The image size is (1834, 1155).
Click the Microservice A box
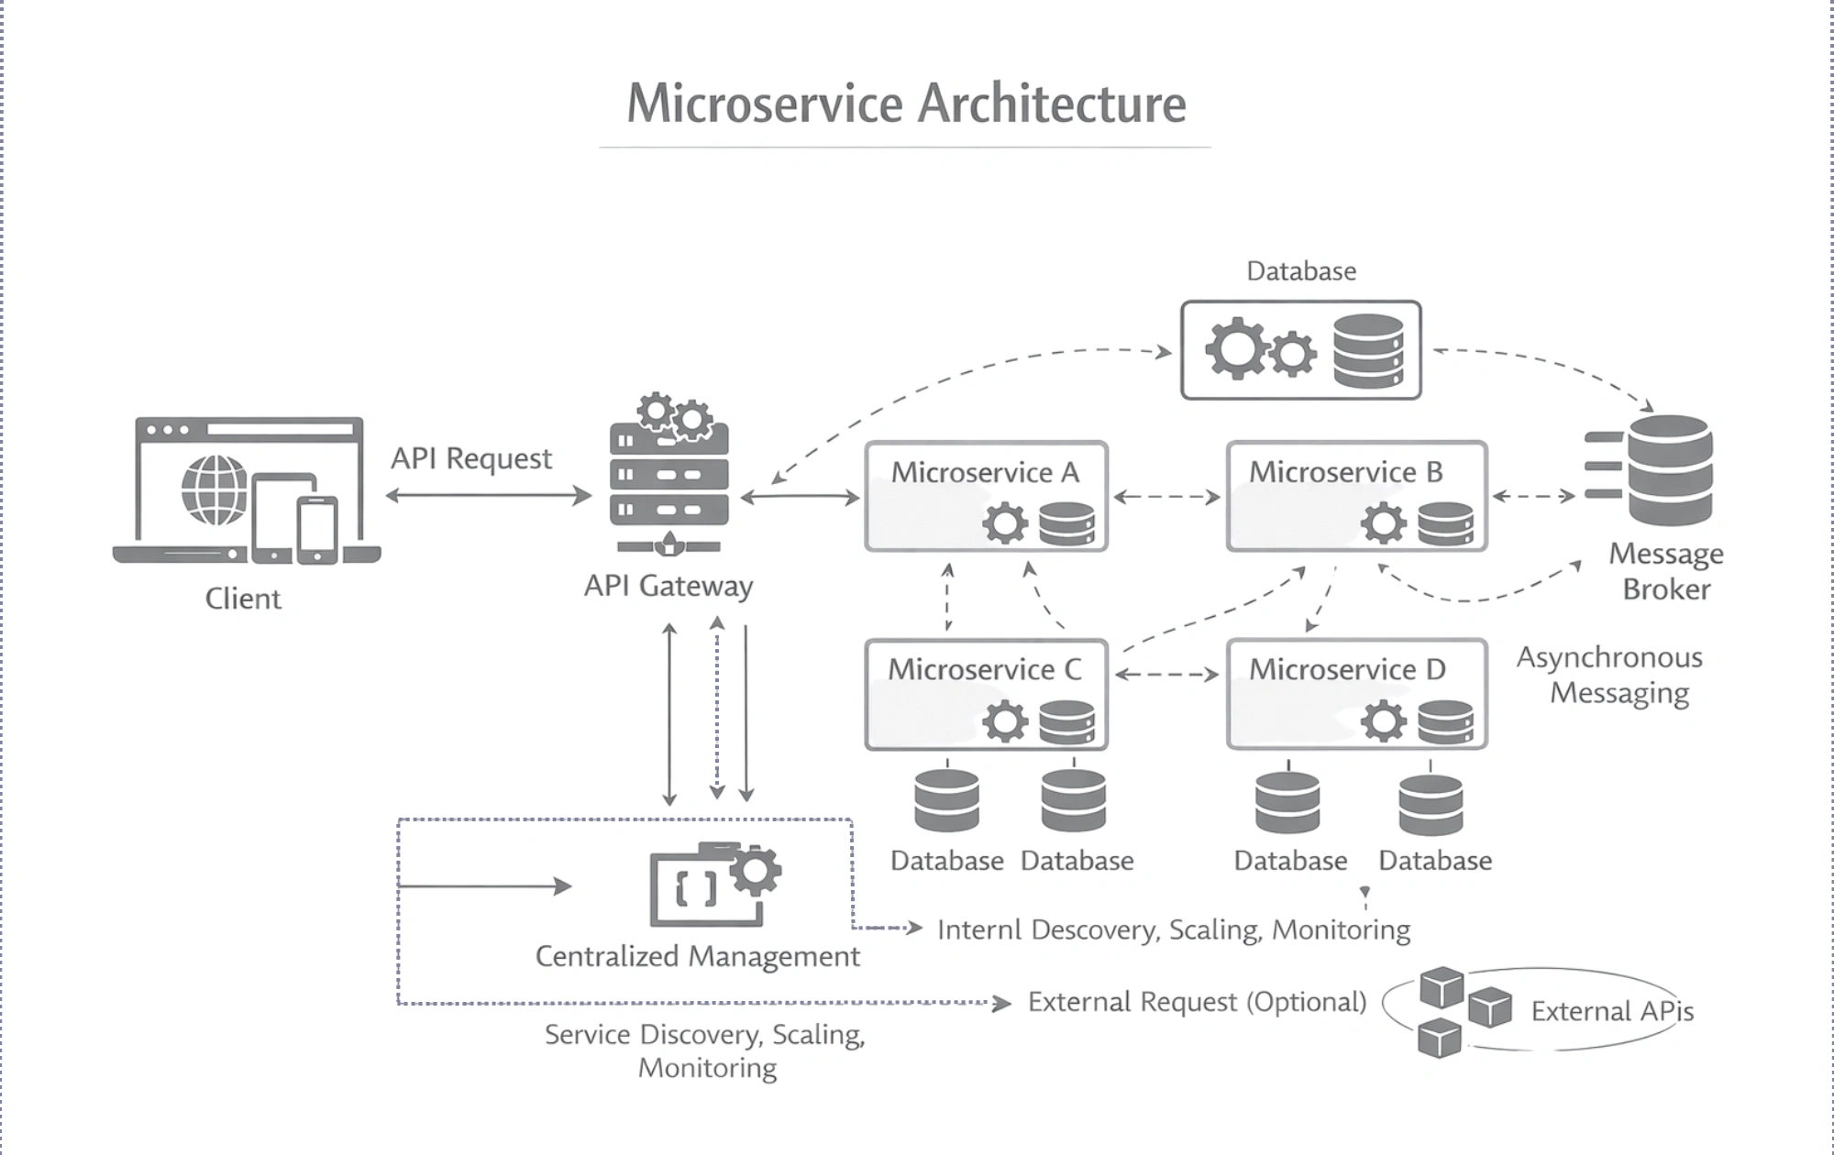986,496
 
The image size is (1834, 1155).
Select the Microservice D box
1356,694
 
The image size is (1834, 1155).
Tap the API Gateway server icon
668,476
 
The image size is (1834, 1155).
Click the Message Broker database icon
1668,470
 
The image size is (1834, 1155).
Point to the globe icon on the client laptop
215,489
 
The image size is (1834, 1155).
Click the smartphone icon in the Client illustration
317,530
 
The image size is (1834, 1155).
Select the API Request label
471,458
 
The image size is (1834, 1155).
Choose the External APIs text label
1611,1011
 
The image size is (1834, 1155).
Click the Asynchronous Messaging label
1610,675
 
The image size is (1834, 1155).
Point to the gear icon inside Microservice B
1383,524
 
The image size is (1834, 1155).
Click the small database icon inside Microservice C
1066,721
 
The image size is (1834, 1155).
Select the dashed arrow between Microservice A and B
1166,497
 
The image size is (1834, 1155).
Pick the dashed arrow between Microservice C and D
1166,675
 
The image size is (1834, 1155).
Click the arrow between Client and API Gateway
488,496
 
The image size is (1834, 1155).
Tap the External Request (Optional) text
1197,1002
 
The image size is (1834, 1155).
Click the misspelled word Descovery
1095,929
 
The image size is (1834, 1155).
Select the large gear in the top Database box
1234,348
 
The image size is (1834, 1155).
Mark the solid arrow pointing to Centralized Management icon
486,885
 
